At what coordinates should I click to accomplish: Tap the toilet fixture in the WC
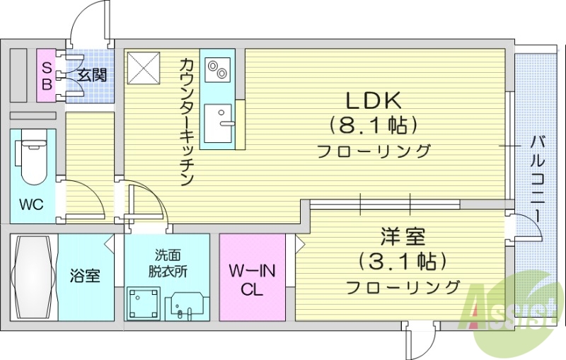click(x=32, y=160)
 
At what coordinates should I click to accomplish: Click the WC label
click(x=31, y=205)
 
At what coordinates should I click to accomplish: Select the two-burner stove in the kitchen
click(x=216, y=70)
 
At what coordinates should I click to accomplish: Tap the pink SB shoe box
click(x=47, y=75)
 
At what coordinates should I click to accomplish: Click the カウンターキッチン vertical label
click(x=186, y=121)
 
